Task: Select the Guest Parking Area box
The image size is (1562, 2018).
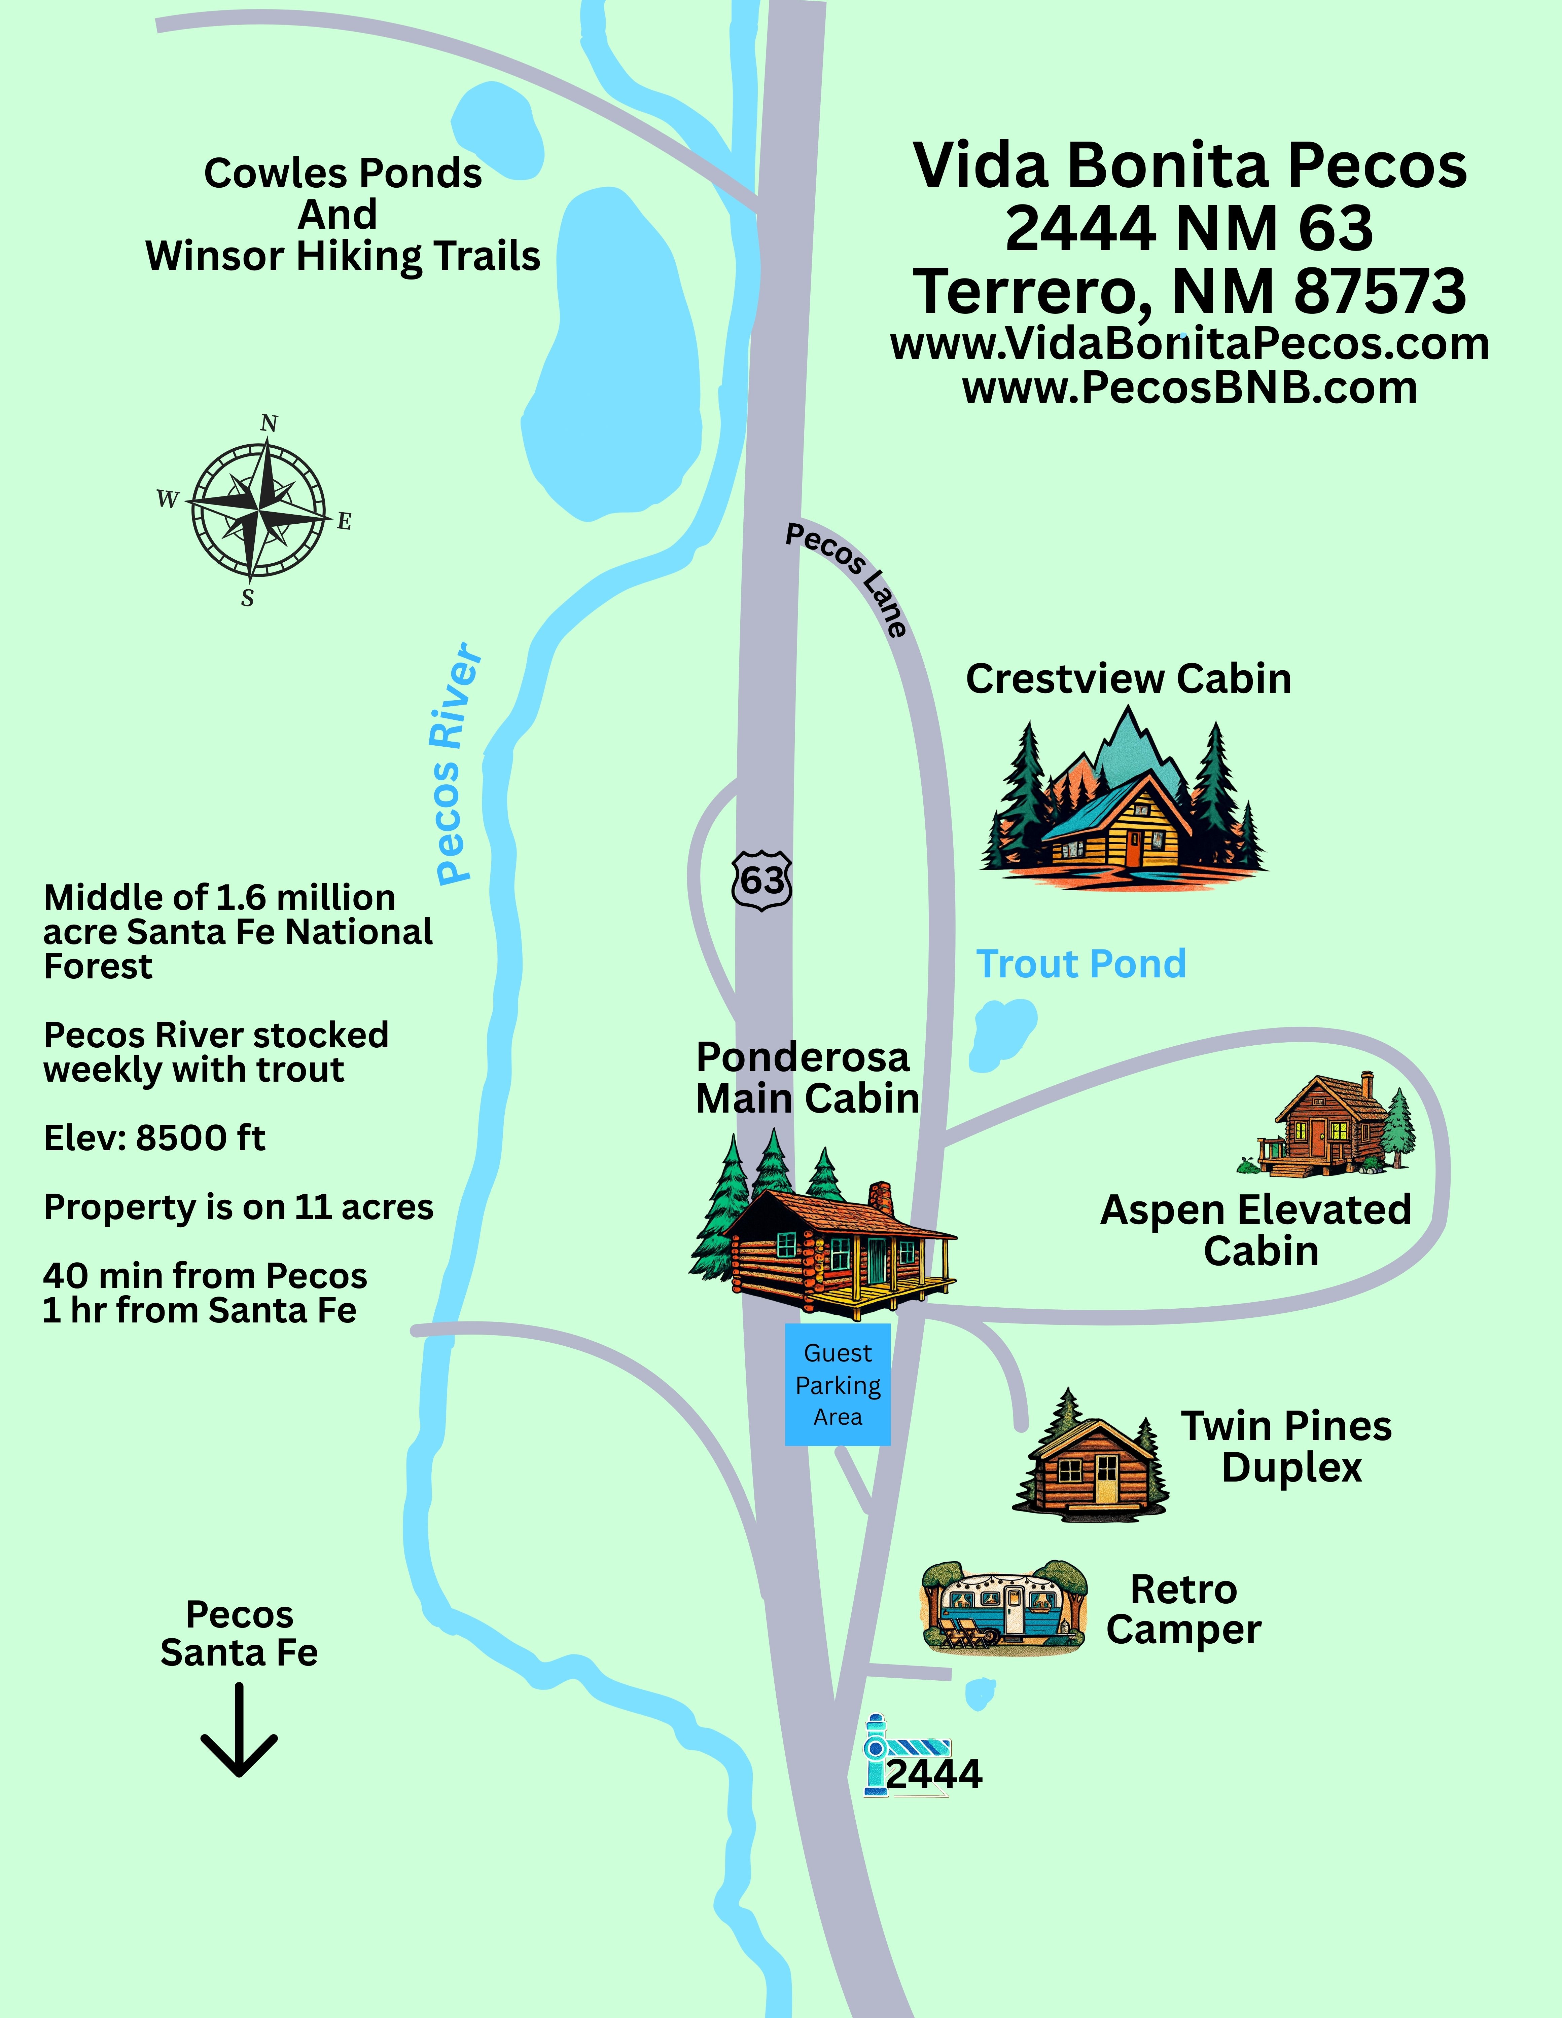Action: click(x=838, y=1383)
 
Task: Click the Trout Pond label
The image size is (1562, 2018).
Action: click(x=1080, y=964)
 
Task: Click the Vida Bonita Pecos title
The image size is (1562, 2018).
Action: click(x=1190, y=166)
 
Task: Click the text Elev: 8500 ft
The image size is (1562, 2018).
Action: click(x=154, y=1138)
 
